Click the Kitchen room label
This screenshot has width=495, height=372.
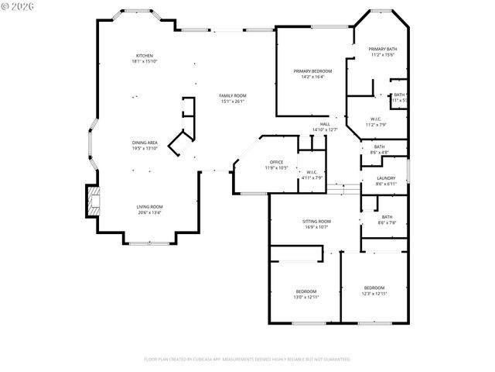tap(145, 56)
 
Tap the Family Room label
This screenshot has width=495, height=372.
tap(233, 95)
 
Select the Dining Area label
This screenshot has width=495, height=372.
tap(145, 143)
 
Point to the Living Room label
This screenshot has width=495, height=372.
tap(149, 207)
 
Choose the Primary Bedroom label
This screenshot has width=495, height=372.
tap(312, 71)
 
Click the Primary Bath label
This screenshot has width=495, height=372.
tap(382, 50)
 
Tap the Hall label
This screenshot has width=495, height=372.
tap(325, 124)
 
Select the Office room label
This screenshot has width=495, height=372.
tap(276, 161)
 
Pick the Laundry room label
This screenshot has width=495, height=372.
tap(385, 178)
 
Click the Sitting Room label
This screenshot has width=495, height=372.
tap(316, 222)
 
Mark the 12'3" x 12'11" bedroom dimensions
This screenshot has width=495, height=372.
tap(374, 293)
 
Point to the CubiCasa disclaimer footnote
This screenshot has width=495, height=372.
tap(247, 360)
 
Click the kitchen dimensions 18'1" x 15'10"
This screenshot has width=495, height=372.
tap(145, 61)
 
